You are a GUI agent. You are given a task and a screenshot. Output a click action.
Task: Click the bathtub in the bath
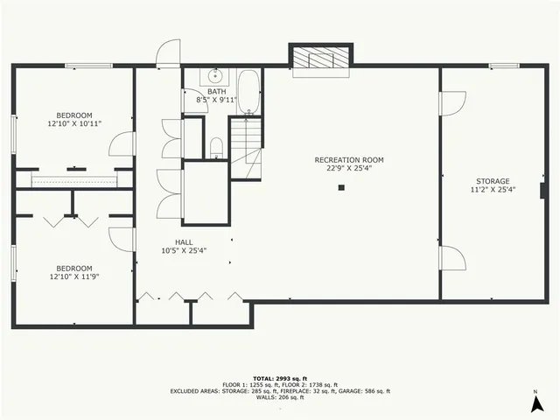click(x=248, y=94)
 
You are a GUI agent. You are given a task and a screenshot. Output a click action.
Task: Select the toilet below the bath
click(x=215, y=147)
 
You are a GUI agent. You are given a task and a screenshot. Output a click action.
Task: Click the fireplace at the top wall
click(x=321, y=59)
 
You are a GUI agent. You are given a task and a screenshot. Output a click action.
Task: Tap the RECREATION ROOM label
click(x=349, y=160)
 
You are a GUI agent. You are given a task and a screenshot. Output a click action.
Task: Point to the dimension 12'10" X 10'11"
click(x=76, y=124)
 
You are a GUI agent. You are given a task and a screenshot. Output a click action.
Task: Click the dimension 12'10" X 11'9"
click(x=74, y=277)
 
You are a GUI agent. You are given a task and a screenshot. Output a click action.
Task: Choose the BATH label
click(x=216, y=91)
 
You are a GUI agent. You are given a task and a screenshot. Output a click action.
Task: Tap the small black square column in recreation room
click(x=343, y=187)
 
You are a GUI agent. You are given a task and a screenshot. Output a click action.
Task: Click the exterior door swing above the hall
click(x=168, y=52)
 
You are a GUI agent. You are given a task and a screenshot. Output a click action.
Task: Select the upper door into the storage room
click(x=452, y=103)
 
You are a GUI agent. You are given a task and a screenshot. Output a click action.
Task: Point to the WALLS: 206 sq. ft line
click(x=280, y=398)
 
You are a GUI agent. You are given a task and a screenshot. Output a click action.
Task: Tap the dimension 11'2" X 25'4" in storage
click(x=490, y=190)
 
